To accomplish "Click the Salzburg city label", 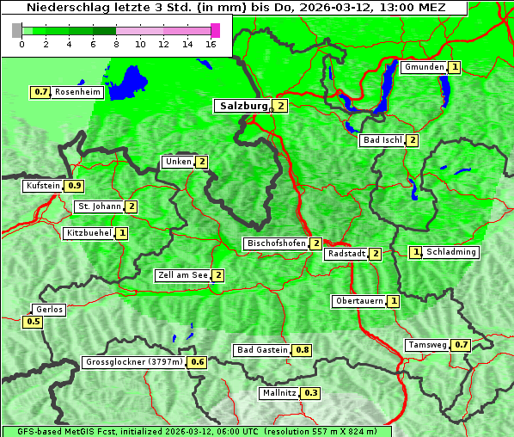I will (x=241, y=106).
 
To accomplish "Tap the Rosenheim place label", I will (x=77, y=92).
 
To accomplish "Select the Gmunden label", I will (x=424, y=67).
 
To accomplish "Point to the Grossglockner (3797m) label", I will (x=135, y=362).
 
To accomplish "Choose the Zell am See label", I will (x=183, y=275).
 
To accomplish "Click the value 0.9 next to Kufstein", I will (x=75, y=186).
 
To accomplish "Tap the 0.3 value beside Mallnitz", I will (x=311, y=393).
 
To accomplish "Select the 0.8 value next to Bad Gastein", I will (x=303, y=350).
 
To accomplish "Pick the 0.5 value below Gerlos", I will (x=34, y=322).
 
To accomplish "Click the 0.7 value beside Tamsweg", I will (x=462, y=345).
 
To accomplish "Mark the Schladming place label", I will (x=452, y=252).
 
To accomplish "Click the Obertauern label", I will (x=358, y=301).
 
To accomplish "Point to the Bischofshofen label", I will (x=276, y=243).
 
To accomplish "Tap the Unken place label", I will (x=178, y=162).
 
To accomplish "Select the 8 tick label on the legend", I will (x=116, y=44).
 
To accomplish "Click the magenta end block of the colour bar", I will (x=215, y=30).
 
